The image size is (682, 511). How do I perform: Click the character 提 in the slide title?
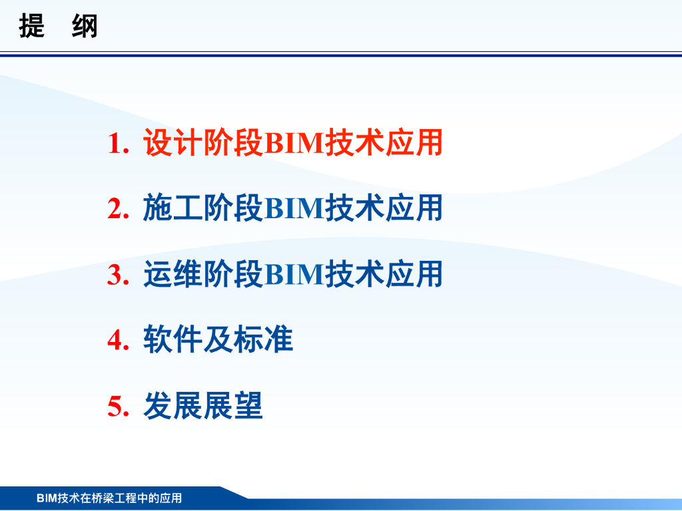point(32,26)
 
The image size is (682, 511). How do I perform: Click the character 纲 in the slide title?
point(85,26)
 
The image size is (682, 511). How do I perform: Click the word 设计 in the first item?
point(173,142)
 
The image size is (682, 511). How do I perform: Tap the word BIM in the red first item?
point(294,143)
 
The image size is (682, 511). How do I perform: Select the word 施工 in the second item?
point(173,208)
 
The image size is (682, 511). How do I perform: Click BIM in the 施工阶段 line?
point(294,208)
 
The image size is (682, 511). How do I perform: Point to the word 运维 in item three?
point(173,274)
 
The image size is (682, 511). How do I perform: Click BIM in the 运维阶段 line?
point(294,275)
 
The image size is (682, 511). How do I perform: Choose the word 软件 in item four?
point(173,339)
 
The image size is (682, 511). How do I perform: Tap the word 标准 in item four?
point(264,339)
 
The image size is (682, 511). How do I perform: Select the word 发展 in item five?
point(173,406)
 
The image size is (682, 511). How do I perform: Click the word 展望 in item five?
point(233,406)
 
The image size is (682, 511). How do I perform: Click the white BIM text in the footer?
point(47,498)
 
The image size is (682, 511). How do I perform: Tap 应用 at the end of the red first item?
point(414,142)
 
